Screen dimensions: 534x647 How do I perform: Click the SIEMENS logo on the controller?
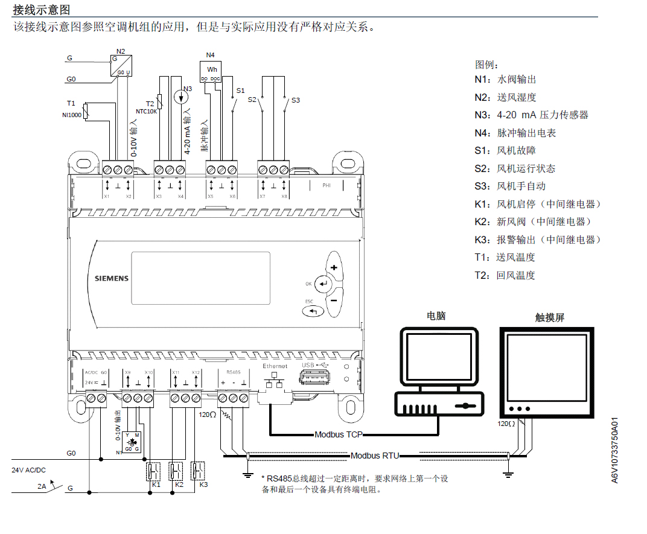coord(112,279)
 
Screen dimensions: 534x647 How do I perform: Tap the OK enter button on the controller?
coord(324,283)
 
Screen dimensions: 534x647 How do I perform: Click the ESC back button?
coord(313,311)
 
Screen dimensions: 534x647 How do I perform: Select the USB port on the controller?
coord(314,377)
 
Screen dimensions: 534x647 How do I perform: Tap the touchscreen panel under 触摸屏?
coord(546,368)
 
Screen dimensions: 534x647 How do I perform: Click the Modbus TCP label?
coord(338,434)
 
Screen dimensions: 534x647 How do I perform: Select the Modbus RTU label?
coord(374,456)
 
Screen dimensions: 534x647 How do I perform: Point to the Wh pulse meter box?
coord(211,71)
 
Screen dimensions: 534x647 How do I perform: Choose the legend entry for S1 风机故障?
coord(505,150)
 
